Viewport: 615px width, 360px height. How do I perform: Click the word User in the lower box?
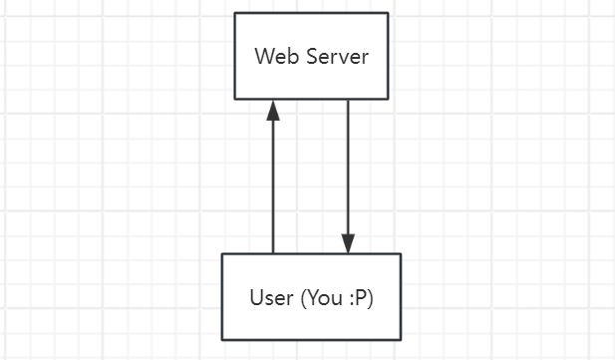click(271, 297)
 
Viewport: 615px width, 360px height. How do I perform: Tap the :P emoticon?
click(359, 297)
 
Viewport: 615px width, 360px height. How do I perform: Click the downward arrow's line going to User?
click(348, 170)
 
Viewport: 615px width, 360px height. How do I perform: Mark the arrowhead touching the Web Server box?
click(273, 109)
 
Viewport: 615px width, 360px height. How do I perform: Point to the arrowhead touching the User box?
click(348, 244)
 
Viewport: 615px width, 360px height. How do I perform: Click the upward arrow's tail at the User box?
click(273, 252)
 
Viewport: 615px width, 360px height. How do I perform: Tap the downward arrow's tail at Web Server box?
click(348, 101)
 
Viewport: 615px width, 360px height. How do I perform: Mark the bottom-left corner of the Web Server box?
click(235, 99)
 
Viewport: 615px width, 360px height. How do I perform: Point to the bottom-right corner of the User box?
click(400, 339)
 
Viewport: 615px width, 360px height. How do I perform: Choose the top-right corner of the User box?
click(400, 254)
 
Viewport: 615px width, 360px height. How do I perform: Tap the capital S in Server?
click(311, 56)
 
